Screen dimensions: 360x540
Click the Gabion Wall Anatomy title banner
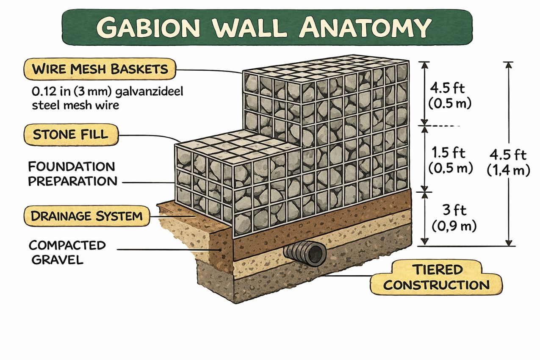coord(267,28)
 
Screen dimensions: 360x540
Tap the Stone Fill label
coord(70,135)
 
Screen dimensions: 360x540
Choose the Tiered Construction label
coord(436,277)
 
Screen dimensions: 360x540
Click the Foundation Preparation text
coord(72,174)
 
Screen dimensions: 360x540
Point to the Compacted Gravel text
coord(67,252)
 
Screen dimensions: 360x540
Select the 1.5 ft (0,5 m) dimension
coord(450,160)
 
